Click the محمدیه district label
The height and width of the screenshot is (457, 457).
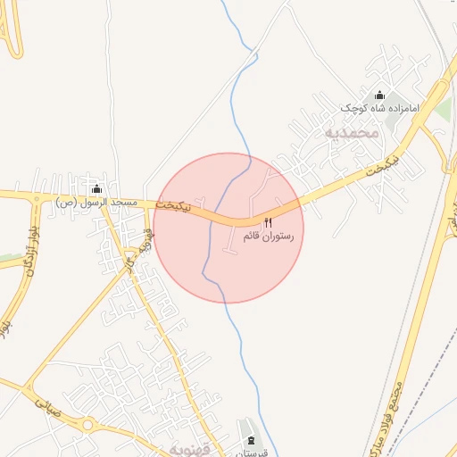tap(353, 133)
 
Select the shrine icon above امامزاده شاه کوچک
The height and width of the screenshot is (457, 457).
tap(380, 96)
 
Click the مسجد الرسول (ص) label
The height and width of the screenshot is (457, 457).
tap(97, 203)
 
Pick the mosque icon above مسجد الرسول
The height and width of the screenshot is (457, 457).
tap(97, 189)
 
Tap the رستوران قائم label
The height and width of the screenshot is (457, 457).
tap(268, 237)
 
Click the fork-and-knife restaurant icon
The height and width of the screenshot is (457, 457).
tap(268, 222)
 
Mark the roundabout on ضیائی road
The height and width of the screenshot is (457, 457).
tap(87, 426)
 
